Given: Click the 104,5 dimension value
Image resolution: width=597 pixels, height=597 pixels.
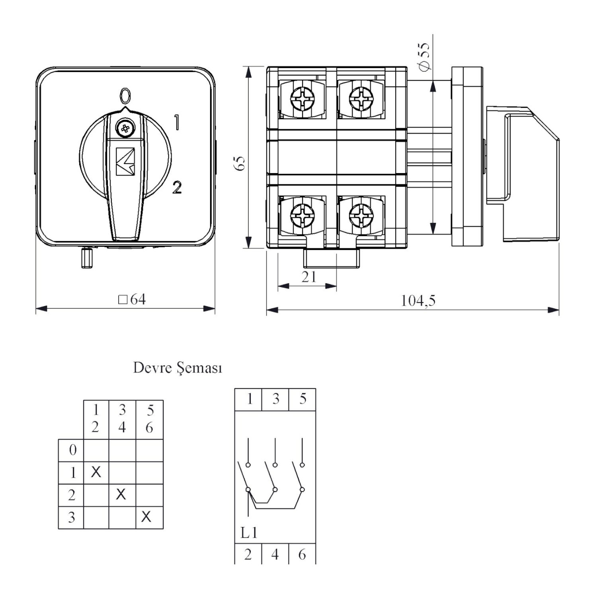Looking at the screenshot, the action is pyautogui.click(x=418, y=300).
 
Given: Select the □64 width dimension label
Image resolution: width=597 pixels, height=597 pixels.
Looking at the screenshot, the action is pyautogui.click(x=132, y=299).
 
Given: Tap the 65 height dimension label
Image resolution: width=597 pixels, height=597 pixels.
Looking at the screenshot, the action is pyautogui.click(x=240, y=164).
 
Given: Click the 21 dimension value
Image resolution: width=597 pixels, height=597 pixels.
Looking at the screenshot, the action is pyautogui.click(x=309, y=277).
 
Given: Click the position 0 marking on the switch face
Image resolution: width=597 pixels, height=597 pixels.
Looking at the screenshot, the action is pyautogui.click(x=125, y=96).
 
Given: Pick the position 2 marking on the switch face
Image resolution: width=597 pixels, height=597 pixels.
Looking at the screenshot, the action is pyautogui.click(x=177, y=187).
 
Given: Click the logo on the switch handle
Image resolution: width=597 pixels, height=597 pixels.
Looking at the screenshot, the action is pyautogui.click(x=125, y=161).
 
